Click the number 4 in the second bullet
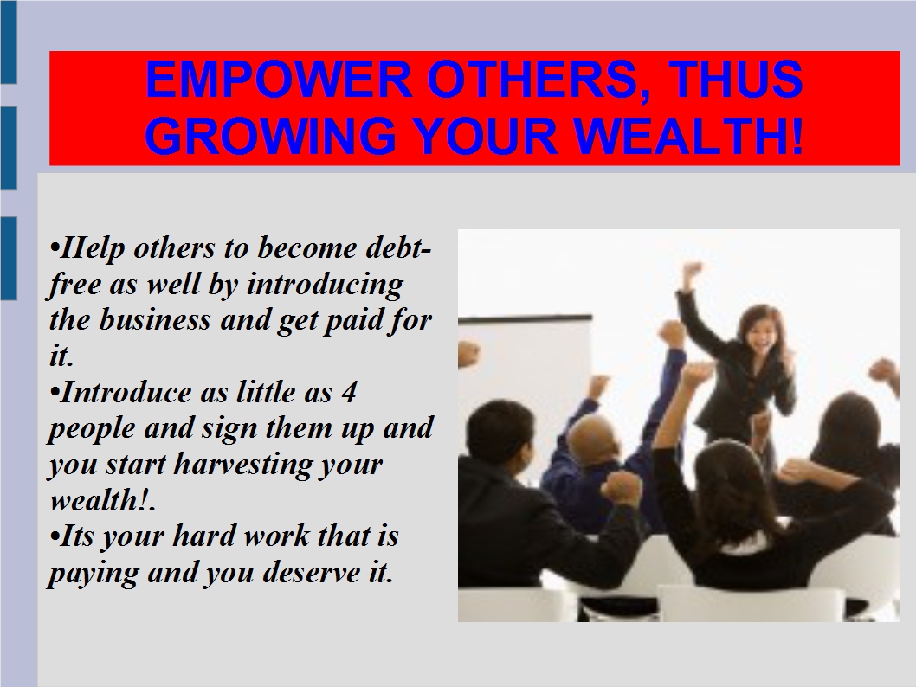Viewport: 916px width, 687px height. coord(348,392)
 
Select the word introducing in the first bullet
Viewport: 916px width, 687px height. coord(325,285)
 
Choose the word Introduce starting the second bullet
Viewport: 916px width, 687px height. coord(126,392)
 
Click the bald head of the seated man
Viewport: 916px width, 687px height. coord(595,436)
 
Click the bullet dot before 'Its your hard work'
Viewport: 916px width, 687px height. coord(55,536)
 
